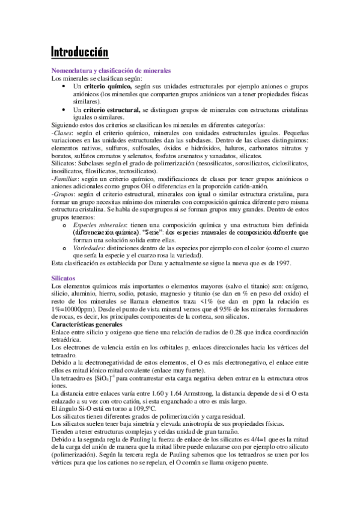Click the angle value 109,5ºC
click(x=126, y=409)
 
